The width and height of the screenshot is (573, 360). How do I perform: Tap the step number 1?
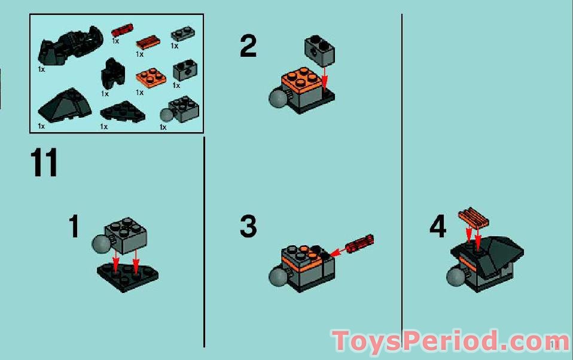[x=74, y=227]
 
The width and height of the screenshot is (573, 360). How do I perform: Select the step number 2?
[x=248, y=47]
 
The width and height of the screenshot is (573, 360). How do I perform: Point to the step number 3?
[x=248, y=227]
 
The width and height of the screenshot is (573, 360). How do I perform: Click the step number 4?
[x=438, y=227]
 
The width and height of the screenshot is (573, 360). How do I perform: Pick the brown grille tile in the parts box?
[x=147, y=42]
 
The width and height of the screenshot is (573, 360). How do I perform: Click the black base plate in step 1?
[x=127, y=276]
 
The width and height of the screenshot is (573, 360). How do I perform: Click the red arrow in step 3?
[x=339, y=252]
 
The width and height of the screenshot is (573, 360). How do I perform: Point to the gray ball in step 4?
[x=456, y=277]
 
